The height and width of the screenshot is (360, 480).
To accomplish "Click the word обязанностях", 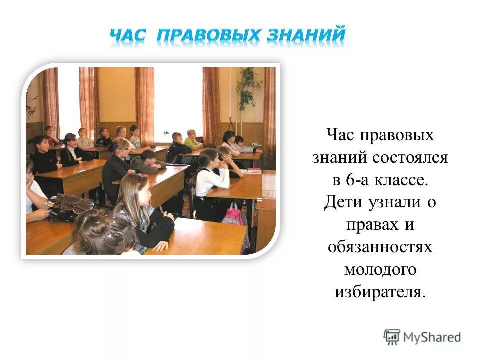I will (x=380, y=247).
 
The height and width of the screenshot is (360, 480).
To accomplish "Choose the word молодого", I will (x=380, y=270).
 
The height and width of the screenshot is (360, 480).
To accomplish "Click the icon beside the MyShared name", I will (x=392, y=337).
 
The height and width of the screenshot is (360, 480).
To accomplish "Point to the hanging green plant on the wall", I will (x=248, y=87).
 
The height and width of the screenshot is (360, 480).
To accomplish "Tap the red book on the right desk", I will (x=254, y=170).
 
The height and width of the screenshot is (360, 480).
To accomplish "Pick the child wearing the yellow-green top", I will (x=192, y=140).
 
